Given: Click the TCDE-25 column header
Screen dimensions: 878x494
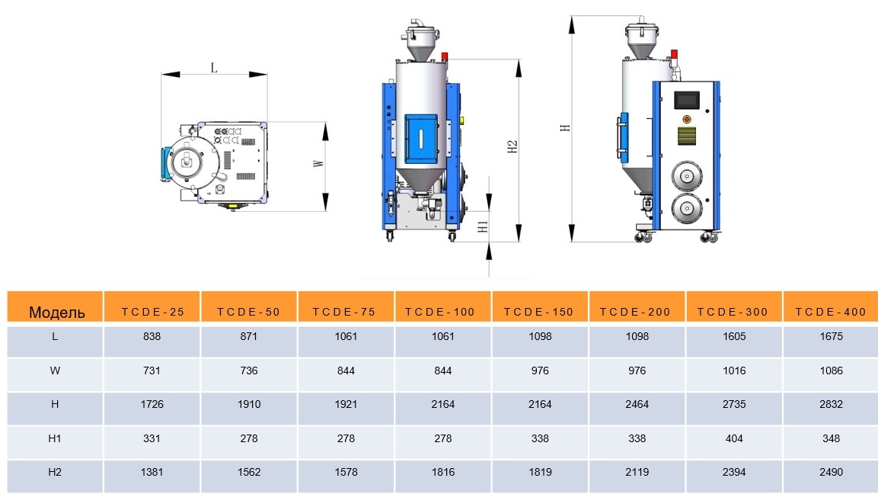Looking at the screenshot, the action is [152, 312].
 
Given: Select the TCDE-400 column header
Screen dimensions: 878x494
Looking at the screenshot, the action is [830, 312].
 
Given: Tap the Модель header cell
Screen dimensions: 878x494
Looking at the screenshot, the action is [56, 313].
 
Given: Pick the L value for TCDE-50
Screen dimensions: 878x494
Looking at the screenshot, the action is [248, 336].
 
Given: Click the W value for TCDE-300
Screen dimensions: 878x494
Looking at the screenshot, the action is [734, 370].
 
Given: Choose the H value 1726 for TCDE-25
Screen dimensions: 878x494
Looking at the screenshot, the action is [152, 404].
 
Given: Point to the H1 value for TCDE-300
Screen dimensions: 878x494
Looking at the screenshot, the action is [734, 438].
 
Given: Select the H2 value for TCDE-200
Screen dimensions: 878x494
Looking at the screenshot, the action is [637, 472].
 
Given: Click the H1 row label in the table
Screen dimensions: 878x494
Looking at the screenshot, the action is [54, 438].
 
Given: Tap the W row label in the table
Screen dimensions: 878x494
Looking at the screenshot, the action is [55, 370].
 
